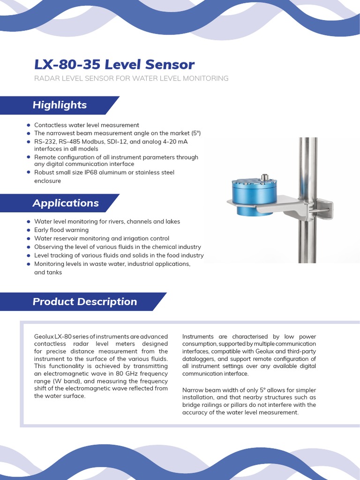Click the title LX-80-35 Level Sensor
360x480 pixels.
coord(114,64)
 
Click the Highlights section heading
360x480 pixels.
coord(60,105)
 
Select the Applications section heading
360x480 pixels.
coord(65,203)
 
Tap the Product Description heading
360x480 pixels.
coord(84,302)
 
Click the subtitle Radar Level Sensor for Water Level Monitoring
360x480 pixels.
coord(131,78)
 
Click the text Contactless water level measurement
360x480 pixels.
coord(86,125)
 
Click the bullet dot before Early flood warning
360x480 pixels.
coord(29,230)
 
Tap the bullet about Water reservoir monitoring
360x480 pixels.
coord(101,239)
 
